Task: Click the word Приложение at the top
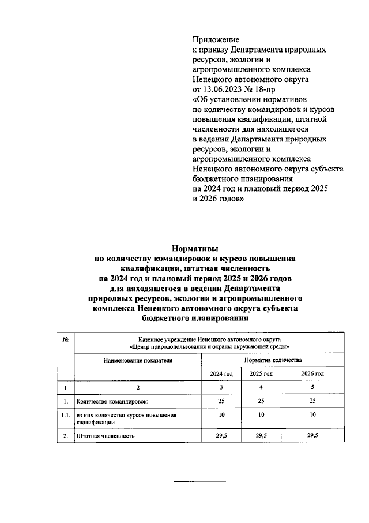coord(216,39)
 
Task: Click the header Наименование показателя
coord(138,359)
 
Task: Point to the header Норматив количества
coord(273,359)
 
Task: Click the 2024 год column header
coord(221,373)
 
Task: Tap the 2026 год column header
coord(312,373)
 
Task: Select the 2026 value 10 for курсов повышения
coord(312,415)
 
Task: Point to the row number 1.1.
coord(66,415)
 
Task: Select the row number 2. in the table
coord(66,435)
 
